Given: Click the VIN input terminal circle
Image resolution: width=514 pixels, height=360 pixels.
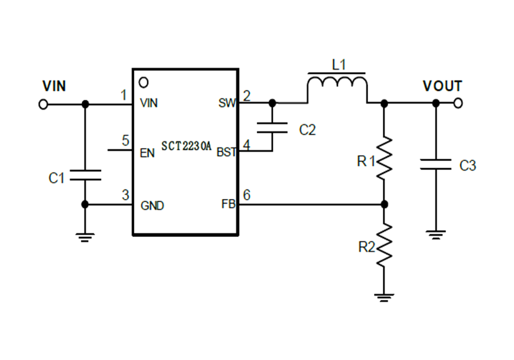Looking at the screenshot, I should (x=43, y=104).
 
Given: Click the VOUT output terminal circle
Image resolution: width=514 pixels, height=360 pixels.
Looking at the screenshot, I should (x=459, y=103).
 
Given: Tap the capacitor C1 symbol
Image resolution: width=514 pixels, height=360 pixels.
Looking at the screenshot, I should (x=85, y=175).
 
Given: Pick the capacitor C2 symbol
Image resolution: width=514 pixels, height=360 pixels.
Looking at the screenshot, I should (x=272, y=128).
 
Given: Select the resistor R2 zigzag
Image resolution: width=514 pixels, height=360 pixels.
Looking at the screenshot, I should (x=384, y=245).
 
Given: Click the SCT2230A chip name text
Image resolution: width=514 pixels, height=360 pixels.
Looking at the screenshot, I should (x=186, y=146).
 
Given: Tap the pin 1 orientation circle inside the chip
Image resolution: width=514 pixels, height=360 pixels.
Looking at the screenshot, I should (x=144, y=82).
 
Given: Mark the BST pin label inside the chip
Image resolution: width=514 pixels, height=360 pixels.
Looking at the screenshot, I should (x=226, y=153).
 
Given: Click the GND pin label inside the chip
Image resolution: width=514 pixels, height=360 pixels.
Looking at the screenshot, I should (x=152, y=206).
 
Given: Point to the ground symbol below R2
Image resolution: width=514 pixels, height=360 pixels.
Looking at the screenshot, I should (x=384, y=297).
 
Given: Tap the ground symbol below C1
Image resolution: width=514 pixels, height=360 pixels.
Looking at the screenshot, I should (x=85, y=236).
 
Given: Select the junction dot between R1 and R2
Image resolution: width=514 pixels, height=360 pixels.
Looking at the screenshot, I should (x=384, y=205).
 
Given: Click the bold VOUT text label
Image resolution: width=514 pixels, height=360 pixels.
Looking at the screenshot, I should (x=442, y=86).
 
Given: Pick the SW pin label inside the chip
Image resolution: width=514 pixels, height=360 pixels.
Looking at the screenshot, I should (x=227, y=103).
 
